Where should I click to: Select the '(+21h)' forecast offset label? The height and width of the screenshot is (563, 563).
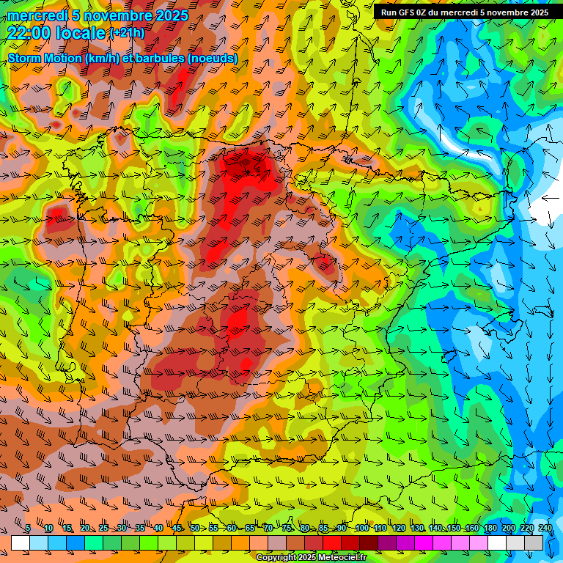127,33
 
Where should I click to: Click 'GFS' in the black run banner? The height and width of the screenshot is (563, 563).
406,12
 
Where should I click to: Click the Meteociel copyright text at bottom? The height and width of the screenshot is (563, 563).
311,558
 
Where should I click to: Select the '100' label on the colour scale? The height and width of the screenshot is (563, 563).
361,529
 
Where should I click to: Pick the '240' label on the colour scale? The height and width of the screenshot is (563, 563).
545,529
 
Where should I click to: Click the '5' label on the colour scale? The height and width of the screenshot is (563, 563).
28,529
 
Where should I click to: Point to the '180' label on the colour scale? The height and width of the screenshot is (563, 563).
490,529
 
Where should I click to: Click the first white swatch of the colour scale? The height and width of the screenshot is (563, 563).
21,542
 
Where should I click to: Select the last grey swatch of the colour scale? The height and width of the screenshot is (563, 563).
534,542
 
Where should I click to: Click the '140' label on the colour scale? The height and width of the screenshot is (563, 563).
435,529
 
